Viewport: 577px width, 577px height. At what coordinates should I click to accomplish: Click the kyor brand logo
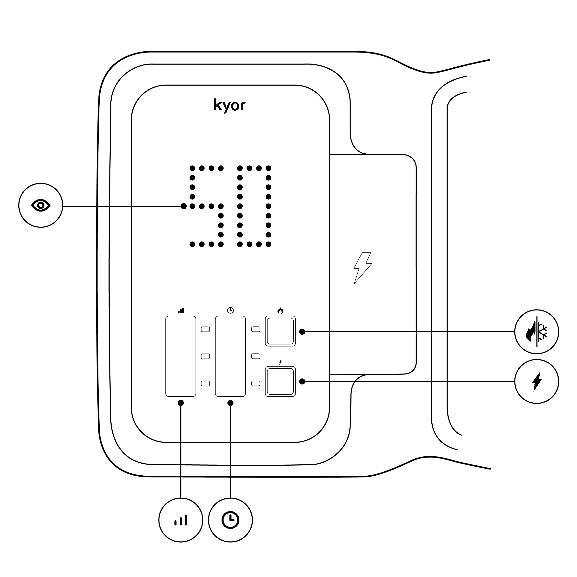[x=229, y=105]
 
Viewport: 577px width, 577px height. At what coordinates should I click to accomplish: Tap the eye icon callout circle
[x=41, y=205]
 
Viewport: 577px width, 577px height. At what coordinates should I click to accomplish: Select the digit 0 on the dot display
[x=254, y=206]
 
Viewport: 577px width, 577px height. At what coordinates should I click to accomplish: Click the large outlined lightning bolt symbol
[x=363, y=268]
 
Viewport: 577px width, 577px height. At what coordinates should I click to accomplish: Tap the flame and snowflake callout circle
[x=537, y=331]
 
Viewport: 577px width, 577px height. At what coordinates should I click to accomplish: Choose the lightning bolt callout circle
[x=537, y=381]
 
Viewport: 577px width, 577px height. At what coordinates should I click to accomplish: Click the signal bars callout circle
[x=181, y=520]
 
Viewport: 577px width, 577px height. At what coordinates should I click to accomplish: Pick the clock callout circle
[x=230, y=520]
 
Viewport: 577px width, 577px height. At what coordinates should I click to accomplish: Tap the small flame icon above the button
[x=280, y=310]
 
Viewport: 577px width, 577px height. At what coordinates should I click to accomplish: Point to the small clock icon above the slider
[x=230, y=310]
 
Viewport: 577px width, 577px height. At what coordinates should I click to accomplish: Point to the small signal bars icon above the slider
[x=181, y=310]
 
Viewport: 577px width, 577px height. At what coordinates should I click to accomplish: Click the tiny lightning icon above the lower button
[x=280, y=362]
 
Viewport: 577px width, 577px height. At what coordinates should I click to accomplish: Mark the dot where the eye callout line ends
[x=184, y=206]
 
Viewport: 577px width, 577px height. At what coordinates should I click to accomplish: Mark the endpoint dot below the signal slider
[x=181, y=403]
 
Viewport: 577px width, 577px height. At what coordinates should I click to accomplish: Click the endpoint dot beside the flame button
[x=302, y=331]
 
